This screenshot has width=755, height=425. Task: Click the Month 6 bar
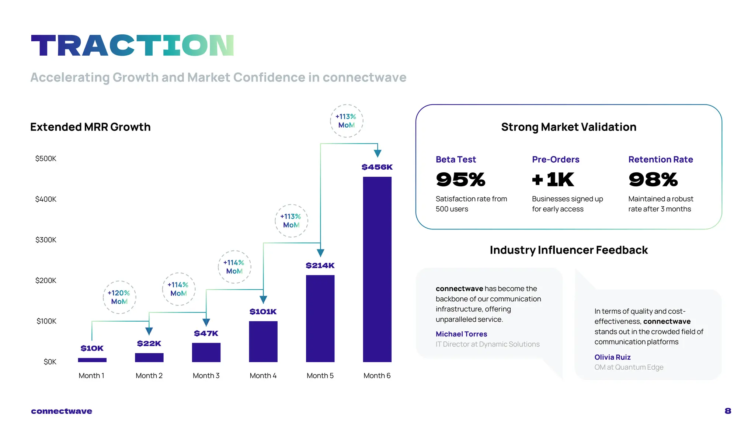click(x=377, y=269)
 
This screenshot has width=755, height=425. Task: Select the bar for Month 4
click(x=263, y=341)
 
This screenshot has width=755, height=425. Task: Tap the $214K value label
click(x=320, y=265)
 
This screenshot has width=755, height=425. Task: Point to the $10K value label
click(x=92, y=348)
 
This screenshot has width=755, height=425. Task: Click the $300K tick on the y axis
click(x=46, y=240)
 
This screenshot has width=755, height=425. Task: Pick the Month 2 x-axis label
click(x=149, y=376)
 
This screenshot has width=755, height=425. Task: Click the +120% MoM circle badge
click(x=119, y=297)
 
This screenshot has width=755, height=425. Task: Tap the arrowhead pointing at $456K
click(x=377, y=153)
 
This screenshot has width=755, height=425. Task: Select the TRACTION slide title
click(x=133, y=45)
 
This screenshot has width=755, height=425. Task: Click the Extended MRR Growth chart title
click(x=90, y=127)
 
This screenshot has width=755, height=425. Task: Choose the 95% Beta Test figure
click(x=460, y=180)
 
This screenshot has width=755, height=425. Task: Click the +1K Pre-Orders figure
click(x=553, y=180)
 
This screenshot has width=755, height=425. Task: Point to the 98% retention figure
click(x=653, y=180)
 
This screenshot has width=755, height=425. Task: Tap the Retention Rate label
click(x=661, y=159)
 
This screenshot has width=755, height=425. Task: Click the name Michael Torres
click(x=461, y=334)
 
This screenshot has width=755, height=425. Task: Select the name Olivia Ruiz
click(x=612, y=357)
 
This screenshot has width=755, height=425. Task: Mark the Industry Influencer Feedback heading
click(x=568, y=250)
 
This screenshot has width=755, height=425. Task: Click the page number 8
click(x=728, y=411)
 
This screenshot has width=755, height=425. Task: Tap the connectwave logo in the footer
click(x=62, y=411)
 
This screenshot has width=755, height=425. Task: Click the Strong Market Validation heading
click(x=568, y=127)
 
